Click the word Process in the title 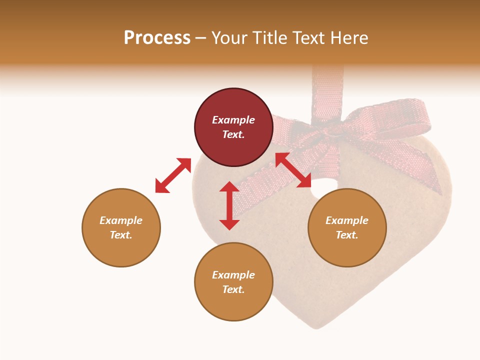pos(157,38)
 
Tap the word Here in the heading pos(348,38)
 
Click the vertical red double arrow pos(229,205)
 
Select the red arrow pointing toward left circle pos(173,175)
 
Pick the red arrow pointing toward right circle pos(293,170)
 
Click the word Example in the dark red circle pos(233,120)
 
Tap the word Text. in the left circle pos(121,235)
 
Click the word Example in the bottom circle pos(233,275)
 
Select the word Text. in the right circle pos(347,235)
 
